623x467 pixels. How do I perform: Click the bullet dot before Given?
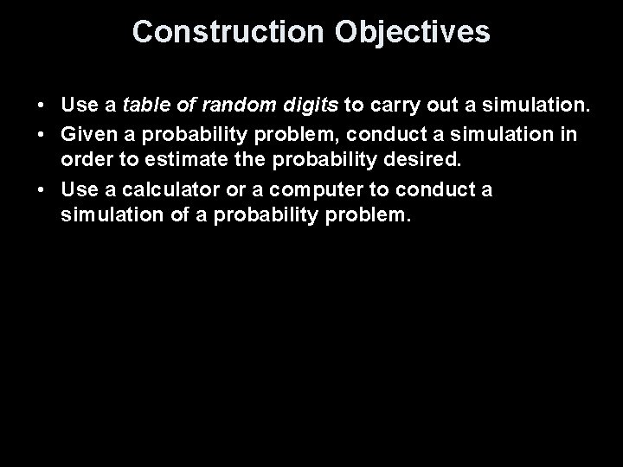click(x=42, y=135)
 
